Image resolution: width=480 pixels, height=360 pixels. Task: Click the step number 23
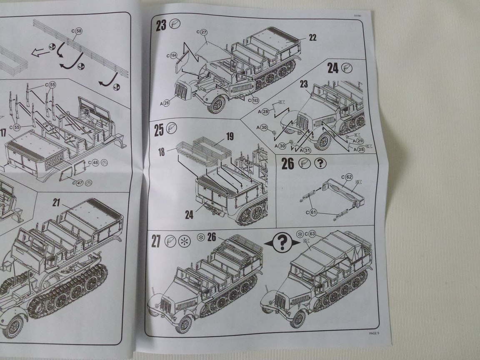[161, 25]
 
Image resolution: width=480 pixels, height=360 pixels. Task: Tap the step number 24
[333, 67]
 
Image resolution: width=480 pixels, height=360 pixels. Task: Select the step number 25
[158, 130]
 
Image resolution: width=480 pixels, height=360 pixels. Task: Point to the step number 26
[287, 163]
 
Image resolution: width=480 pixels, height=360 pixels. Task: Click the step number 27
[156, 241]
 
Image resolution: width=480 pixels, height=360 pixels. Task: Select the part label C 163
[253, 100]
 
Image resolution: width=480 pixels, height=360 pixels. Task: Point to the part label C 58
[77, 30]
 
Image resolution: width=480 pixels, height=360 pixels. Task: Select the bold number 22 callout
[312, 37]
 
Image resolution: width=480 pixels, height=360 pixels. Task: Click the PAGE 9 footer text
[374, 333]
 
